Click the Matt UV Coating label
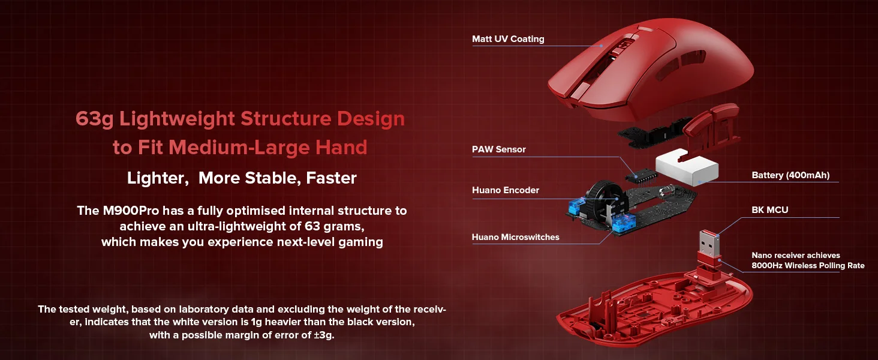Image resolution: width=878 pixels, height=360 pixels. tap(508, 39)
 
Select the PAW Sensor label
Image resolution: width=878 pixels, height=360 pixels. tap(498, 149)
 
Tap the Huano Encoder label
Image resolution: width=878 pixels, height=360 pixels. tap(505, 190)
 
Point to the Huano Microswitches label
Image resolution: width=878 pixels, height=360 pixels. tap(515, 237)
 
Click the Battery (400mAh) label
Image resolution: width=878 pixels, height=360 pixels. tap(790, 175)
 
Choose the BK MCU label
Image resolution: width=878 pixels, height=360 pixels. tap(770, 210)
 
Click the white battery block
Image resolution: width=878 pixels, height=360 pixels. tap(687, 167)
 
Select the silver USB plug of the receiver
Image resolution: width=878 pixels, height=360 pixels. tap(709, 243)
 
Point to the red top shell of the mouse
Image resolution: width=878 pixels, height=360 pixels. tap(651, 68)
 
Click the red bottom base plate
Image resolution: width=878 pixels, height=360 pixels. tap(654, 310)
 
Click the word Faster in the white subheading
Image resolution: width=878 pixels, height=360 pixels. tap(331, 178)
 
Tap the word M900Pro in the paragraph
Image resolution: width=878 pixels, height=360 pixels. tap(131, 211)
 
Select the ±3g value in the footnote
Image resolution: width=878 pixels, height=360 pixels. tap(324, 335)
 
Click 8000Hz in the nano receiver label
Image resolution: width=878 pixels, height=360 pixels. tap(766, 265)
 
